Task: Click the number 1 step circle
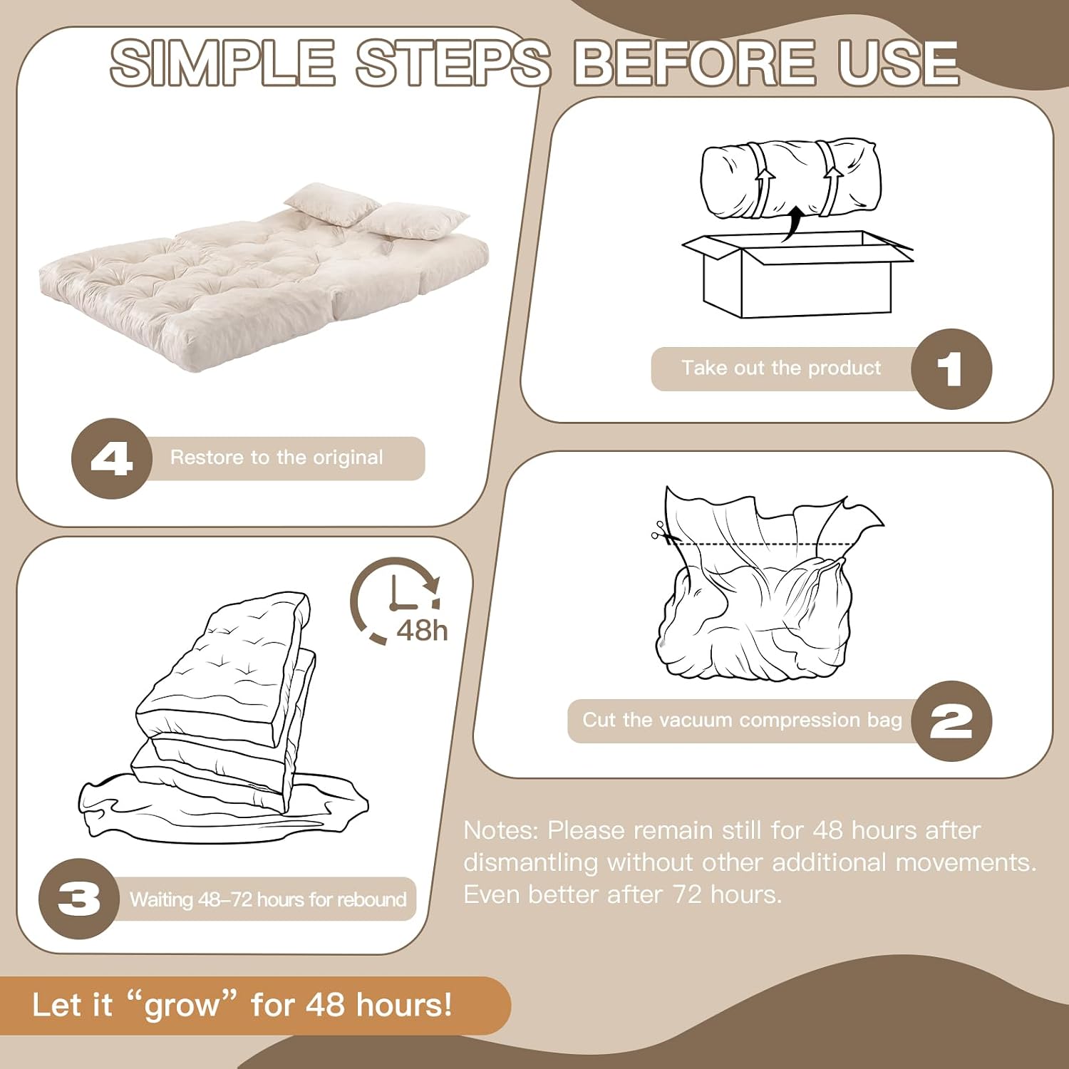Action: [x=951, y=368]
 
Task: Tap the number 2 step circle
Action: [x=951, y=721]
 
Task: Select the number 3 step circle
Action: [x=79, y=899]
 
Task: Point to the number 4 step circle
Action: [x=112, y=458]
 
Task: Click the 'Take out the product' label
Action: [x=781, y=368]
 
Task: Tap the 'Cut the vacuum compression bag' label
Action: [x=742, y=720]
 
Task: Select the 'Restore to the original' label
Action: [x=277, y=458]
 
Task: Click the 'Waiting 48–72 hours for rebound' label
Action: [x=268, y=899]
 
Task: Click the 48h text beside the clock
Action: [x=422, y=631]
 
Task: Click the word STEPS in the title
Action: [x=453, y=62]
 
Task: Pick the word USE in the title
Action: [x=898, y=62]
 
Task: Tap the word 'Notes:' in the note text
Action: [x=502, y=830]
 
